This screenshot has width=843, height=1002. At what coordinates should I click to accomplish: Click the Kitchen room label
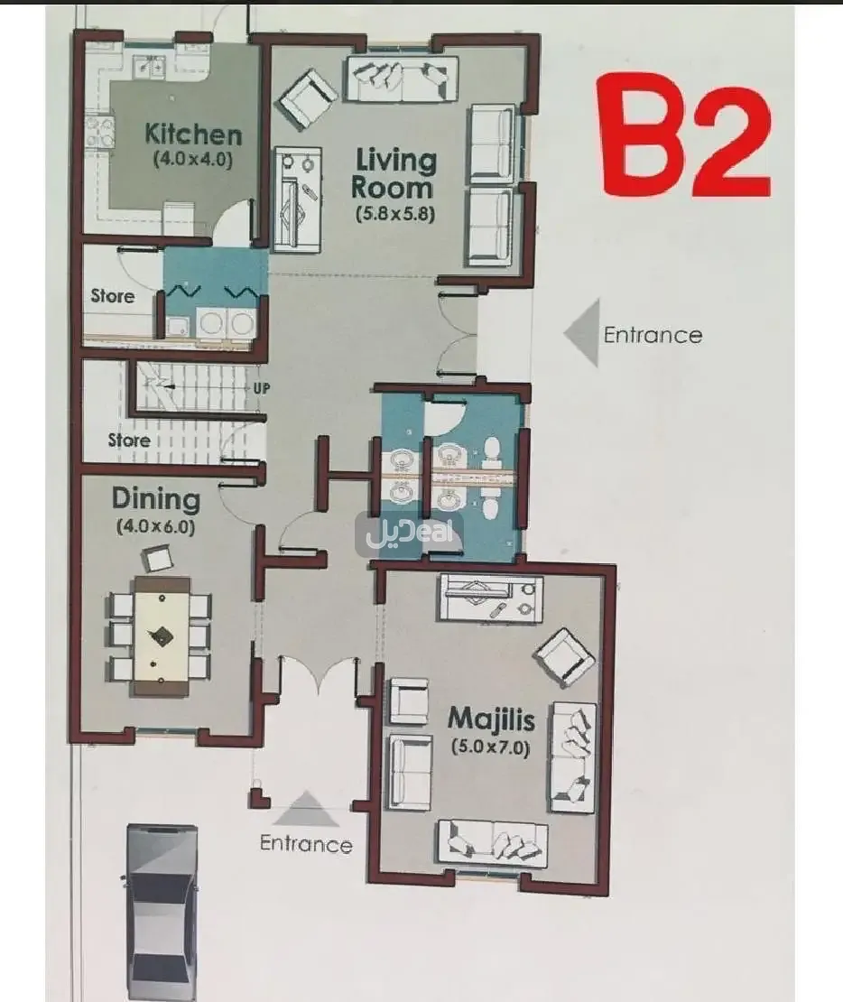[x=193, y=135]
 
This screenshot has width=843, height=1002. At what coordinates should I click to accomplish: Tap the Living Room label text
[x=394, y=173]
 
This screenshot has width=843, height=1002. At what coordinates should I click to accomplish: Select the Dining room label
[x=156, y=500]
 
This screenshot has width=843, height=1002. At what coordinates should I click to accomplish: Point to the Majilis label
[x=491, y=719]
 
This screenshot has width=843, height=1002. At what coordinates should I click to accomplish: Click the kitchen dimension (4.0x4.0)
[x=193, y=159]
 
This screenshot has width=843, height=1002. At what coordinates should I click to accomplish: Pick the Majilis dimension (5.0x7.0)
[x=491, y=747]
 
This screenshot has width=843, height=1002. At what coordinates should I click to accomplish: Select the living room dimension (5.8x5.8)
[x=395, y=213]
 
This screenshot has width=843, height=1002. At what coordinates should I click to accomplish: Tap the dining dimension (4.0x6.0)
[x=155, y=527]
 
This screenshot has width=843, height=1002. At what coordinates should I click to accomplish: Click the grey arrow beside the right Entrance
[x=583, y=333]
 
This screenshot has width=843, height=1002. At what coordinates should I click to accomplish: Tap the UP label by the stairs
[x=262, y=388]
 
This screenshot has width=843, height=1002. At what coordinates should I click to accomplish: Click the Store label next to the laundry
[x=113, y=296]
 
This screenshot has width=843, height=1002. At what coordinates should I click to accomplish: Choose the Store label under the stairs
[x=128, y=441]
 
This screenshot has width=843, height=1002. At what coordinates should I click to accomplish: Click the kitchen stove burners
[x=99, y=131]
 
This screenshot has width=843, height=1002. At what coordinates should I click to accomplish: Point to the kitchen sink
[x=150, y=65]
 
